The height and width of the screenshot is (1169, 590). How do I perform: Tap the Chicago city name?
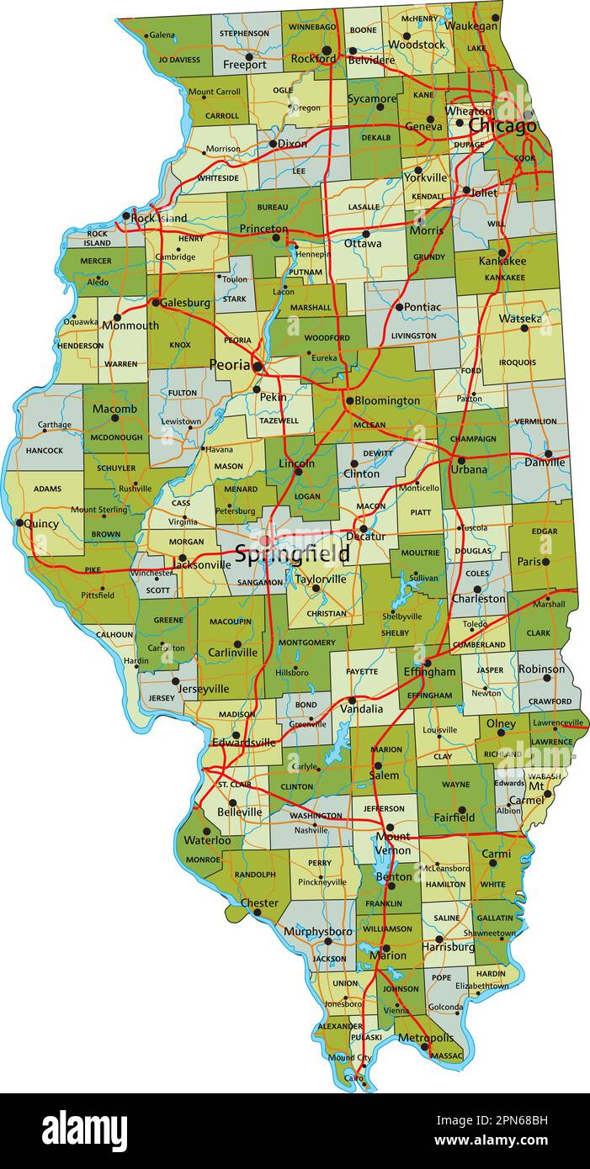coord(502,126)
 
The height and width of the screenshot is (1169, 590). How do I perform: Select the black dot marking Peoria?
coord(258,367)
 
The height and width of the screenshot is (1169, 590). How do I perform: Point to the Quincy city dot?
coord(19,522)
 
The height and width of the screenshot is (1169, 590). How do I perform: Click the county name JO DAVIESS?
coord(179,60)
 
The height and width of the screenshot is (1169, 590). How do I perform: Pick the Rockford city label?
coord(313,59)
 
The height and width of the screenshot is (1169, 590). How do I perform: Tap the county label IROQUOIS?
coord(517,362)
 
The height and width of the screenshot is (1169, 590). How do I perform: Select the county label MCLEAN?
coord(369,426)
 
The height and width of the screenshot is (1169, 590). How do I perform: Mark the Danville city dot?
coord(548,453)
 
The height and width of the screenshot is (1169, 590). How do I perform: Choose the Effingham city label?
coord(428,672)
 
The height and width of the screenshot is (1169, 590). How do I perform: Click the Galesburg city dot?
coord(156,302)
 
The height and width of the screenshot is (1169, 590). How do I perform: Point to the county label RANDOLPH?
coord(255,875)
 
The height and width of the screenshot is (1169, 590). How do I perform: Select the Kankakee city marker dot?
coord(502,252)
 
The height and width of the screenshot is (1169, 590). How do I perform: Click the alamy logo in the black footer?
coord(84,1130)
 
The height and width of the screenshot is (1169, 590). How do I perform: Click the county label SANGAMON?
coord(260,582)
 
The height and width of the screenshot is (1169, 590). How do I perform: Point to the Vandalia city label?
coord(361,709)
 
